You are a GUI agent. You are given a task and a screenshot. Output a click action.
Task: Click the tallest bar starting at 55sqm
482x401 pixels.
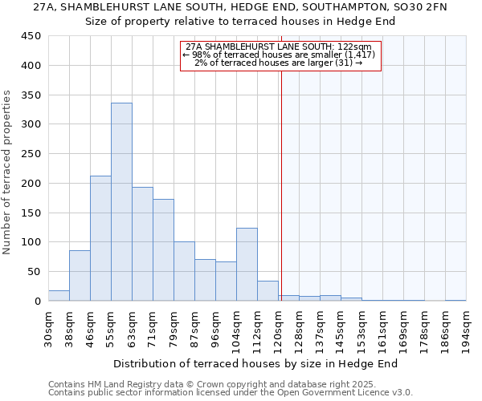pyautogui.click(x=121, y=202)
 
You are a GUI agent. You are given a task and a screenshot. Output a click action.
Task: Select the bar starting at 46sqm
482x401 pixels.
pyautogui.click(x=100, y=238)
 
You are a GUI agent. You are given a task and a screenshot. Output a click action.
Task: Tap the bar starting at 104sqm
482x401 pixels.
pyautogui.click(x=247, y=265)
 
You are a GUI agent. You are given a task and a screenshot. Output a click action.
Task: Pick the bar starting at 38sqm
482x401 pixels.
pyautogui.click(x=80, y=276)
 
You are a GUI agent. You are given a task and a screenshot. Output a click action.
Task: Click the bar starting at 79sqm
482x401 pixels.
pyautogui.click(x=184, y=271)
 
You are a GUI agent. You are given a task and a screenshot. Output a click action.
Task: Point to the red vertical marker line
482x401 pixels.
pyautogui.click(x=281, y=184)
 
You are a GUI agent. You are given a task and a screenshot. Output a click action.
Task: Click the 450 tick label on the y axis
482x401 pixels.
pyautogui.click(x=31, y=36)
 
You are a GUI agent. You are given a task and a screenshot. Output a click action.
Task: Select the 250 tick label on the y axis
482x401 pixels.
pyautogui.click(x=31, y=154)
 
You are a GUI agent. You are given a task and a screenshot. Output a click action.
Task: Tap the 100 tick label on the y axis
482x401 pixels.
pyautogui.click(x=31, y=242)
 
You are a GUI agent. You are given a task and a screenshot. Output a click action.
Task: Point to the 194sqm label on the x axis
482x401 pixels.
pyautogui.click(x=466, y=329)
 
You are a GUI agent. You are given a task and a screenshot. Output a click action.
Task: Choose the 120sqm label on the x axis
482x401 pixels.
pyautogui.click(x=278, y=329)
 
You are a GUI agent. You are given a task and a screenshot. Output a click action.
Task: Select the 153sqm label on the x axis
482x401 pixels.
pyautogui.click(x=361, y=329)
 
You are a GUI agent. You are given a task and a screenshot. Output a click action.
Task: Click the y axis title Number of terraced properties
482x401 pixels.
pyautogui.click(x=7, y=172)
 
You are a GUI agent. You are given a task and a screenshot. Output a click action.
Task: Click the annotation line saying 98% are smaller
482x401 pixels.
pyautogui.click(x=280, y=55)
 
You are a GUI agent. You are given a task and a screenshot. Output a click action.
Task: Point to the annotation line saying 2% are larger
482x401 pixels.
pyautogui.click(x=279, y=63)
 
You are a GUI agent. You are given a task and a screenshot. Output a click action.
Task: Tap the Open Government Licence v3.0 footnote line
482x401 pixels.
pyautogui.click(x=230, y=392)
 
